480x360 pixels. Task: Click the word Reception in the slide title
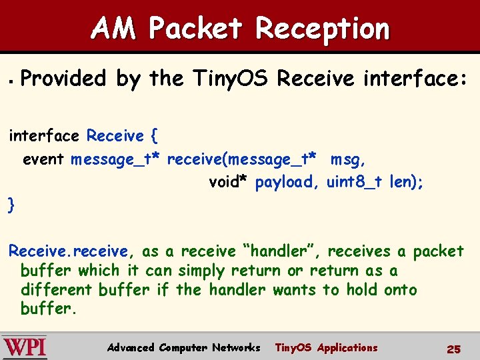[x=323, y=29]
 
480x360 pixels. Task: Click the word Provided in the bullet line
[x=64, y=79]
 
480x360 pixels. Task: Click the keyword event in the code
[x=43, y=159]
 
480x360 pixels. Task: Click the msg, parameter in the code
[x=348, y=159]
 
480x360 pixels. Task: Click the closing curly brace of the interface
[x=11, y=205]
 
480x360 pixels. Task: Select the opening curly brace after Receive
[x=154, y=136]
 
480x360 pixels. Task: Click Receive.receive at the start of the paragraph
[x=68, y=251]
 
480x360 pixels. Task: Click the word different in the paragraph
[x=57, y=290]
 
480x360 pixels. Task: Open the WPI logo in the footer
[x=25, y=347]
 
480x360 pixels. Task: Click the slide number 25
[x=453, y=349]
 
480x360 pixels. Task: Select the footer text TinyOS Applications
[x=326, y=347]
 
